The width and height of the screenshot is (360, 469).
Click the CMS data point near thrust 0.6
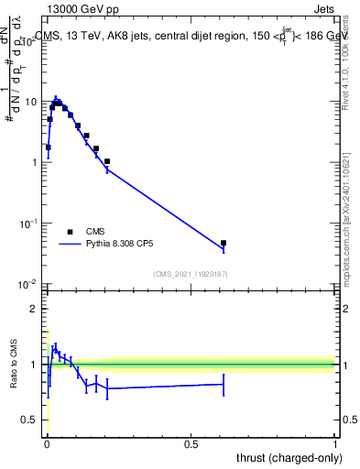[224, 243]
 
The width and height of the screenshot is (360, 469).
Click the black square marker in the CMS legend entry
[70, 232]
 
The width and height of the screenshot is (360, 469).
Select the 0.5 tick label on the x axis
[191, 444]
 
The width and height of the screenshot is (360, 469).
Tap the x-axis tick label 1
[335, 444]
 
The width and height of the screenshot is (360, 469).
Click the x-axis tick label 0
[47, 444]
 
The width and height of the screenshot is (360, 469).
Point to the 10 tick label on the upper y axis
[31, 102]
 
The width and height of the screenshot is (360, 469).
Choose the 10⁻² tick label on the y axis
[29, 284]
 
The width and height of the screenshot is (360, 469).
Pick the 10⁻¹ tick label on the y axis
[29, 224]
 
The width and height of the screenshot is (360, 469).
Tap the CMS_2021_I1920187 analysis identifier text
[191, 273]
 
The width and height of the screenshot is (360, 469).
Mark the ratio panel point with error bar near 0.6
[224, 385]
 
